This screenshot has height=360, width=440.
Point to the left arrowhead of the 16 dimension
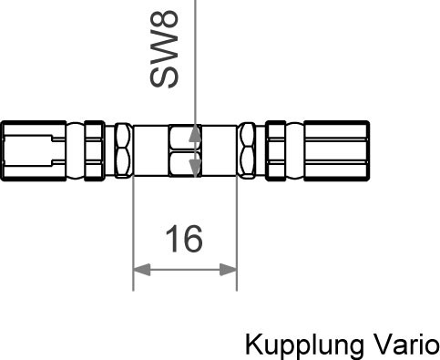tap(140, 269)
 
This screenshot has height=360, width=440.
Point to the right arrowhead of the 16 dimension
tap(230, 269)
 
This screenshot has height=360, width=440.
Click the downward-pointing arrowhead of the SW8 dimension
tap(193, 167)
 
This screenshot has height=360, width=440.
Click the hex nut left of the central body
tap(121, 150)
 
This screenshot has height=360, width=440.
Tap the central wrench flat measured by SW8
tap(185, 151)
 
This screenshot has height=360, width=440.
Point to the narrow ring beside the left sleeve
tap(92, 150)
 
